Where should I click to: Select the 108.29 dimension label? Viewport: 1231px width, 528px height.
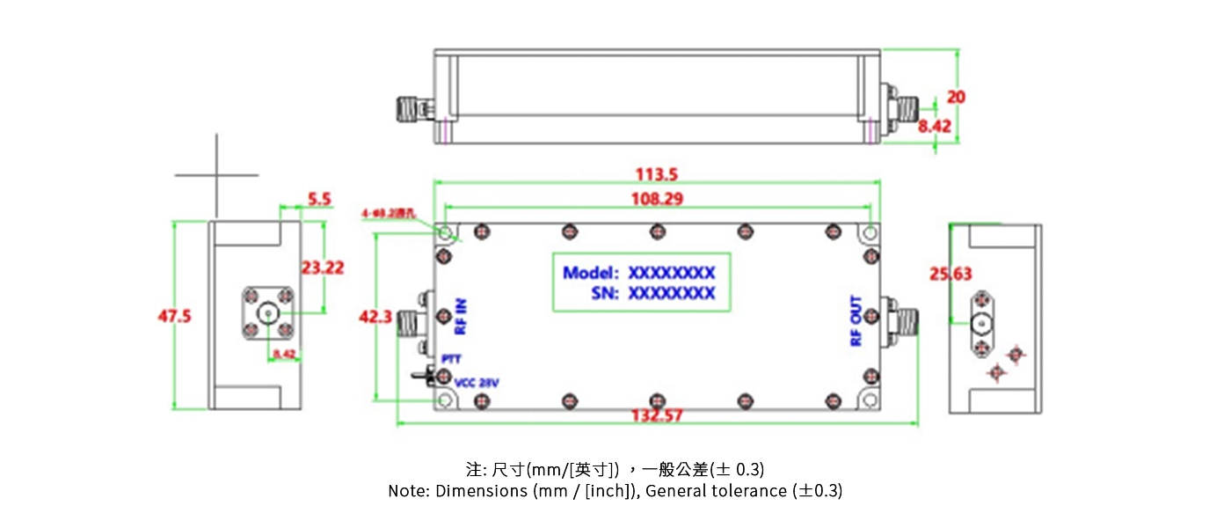(x=657, y=199)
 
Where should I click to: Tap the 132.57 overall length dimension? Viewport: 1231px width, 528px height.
(x=657, y=415)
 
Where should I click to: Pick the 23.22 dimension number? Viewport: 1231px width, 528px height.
(x=323, y=268)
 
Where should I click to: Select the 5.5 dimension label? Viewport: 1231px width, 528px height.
(x=320, y=200)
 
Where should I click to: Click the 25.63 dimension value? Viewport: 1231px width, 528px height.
(x=951, y=275)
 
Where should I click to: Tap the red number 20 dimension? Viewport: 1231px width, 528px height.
(x=957, y=97)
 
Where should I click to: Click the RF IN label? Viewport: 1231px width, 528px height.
(x=461, y=318)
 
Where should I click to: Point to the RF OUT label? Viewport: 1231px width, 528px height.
(x=856, y=321)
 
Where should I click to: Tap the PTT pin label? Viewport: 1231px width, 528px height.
(x=451, y=359)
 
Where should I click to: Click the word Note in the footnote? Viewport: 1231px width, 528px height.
(x=408, y=491)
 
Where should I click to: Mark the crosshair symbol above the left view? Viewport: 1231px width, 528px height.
(x=216, y=175)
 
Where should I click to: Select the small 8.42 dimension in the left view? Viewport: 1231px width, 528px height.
(x=284, y=354)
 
